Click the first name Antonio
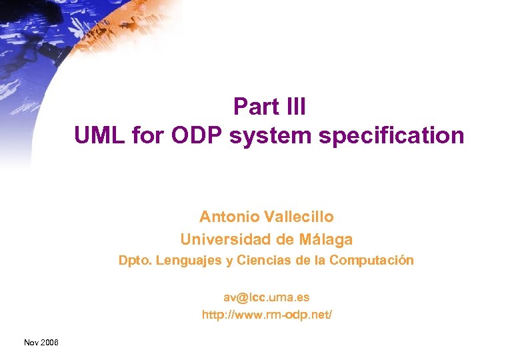point(229,217)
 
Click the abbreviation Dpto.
point(135,261)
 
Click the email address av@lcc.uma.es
point(266,297)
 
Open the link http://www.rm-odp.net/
point(266,314)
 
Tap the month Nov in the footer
point(31,342)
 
